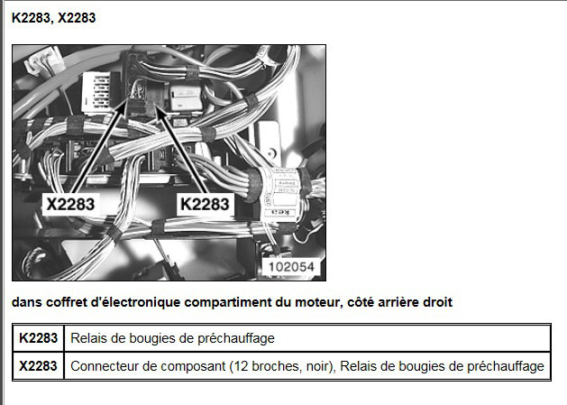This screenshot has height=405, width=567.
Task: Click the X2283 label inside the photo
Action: point(70,205)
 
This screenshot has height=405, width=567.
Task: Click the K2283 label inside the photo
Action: point(205,204)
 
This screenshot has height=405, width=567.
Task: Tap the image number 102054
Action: point(291,267)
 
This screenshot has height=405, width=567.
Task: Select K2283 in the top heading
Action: point(30,18)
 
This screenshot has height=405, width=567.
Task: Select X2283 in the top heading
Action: point(77,18)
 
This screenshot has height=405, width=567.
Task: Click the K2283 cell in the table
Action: point(39,338)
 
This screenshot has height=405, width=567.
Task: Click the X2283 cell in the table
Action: point(39,366)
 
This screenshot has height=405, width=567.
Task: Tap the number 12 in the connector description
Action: point(241,366)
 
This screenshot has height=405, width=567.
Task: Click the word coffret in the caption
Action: point(67,302)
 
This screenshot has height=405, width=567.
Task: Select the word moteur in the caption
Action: point(318,302)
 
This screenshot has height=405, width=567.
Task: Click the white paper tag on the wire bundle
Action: point(280,192)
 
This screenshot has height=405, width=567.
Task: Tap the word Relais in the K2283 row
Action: point(87,338)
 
